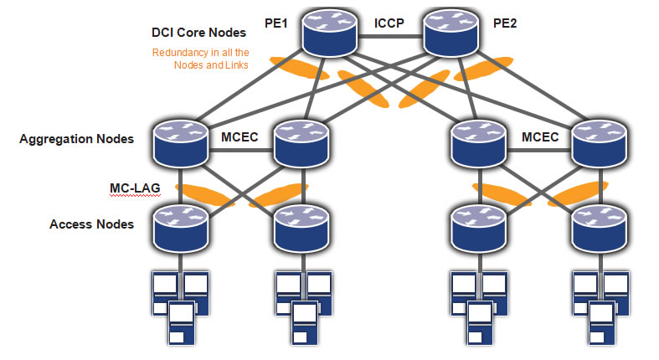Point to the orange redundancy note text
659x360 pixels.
click(200, 59)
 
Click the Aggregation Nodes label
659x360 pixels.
click(76, 139)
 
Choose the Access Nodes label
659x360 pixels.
click(91, 224)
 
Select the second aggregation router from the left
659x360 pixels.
click(299, 143)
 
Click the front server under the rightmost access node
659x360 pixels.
click(600, 323)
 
